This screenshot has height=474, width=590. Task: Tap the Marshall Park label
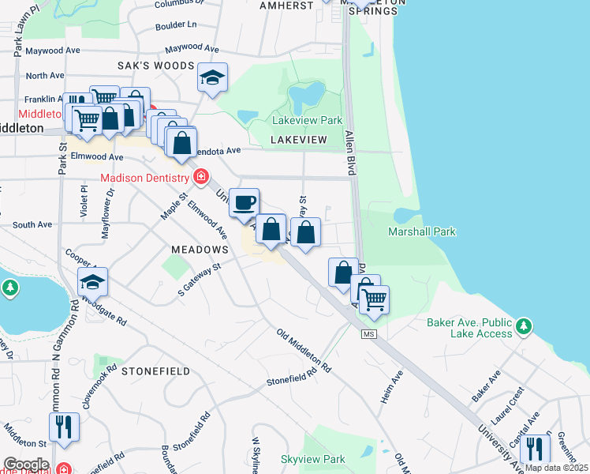[x=422, y=231]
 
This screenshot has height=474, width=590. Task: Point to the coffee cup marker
[x=245, y=202]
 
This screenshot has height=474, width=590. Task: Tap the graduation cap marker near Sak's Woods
[x=212, y=77]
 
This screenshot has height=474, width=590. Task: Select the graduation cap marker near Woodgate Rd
[x=92, y=282]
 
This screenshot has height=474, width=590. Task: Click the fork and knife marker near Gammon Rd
[x=64, y=427]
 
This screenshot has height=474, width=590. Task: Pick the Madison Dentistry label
[x=145, y=177]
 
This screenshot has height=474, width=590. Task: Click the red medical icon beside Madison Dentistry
[x=201, y=175]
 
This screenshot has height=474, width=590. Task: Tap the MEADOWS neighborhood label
[x=200, y=249]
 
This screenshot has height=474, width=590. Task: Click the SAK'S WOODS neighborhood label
[x=155, y=65]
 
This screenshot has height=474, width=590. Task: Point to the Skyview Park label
[x=313, y=459]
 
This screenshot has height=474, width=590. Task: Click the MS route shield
[x=368, y=335]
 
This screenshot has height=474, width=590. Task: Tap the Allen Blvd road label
[x=351, y=150]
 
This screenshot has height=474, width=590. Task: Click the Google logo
[x=26, y=465]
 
